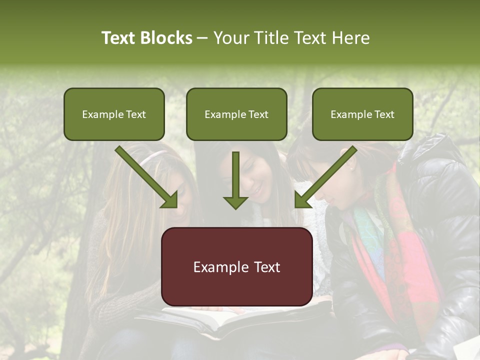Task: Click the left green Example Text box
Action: pos(114,114)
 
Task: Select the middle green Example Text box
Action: pos(236,114)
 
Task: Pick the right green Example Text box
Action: pos(362,114)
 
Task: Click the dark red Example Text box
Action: pos(236,266)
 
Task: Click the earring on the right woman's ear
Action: pos(351,168)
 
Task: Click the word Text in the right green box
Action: pos(384,114)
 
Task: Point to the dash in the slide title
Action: pos(202,38)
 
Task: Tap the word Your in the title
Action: pos(227,38)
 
